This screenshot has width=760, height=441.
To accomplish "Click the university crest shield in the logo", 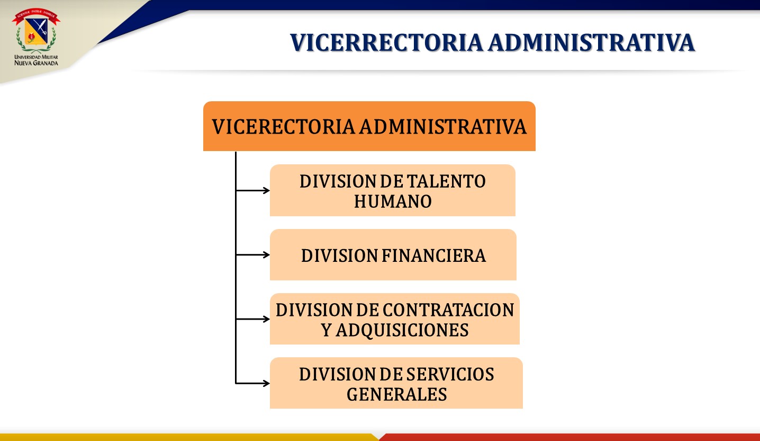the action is coord(36,32).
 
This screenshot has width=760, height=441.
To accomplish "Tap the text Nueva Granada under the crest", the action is coord(37,63).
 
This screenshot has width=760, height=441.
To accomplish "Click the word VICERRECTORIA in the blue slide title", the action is coord(386,43).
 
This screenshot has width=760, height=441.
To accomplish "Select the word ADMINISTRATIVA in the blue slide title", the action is coord(591,43).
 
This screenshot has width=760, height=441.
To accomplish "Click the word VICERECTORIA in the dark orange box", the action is coord(283,127).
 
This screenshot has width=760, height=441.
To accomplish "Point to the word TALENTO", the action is coord(446,181).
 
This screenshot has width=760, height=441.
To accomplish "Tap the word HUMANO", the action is coord(393,201).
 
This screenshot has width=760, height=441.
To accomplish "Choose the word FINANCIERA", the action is coord(434,255).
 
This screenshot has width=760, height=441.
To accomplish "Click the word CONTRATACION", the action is coord(448,310).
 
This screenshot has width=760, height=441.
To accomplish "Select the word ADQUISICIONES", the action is coord(402,330).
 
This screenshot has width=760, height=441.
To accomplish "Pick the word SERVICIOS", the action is coord(450,374).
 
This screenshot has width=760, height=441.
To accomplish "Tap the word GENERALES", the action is coord(396,394).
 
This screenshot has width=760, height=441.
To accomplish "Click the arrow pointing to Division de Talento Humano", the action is coord(253,191).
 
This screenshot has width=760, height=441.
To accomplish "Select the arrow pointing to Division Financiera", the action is coord(253,255).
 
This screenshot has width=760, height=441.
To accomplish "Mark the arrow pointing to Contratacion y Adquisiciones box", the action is coord(253,319).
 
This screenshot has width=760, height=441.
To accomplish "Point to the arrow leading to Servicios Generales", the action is coord(253,383).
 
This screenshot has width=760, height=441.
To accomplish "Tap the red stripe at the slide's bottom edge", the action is coord(570,437).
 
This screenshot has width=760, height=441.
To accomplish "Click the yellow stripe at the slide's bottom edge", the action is coord(188,437).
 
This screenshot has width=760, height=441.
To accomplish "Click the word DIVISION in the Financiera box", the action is coord(339,255).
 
